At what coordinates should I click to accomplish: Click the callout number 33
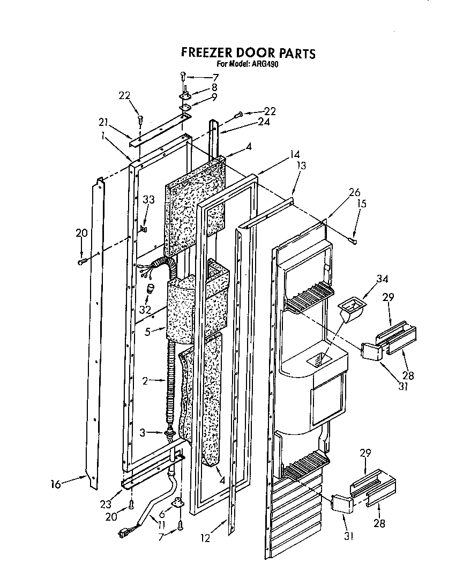148,199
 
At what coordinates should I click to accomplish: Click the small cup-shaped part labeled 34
348,310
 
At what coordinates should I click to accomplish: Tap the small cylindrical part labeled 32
152,290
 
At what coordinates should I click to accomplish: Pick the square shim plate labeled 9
186,108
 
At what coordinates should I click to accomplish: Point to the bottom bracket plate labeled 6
176,504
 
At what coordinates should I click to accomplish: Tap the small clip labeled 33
143,229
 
